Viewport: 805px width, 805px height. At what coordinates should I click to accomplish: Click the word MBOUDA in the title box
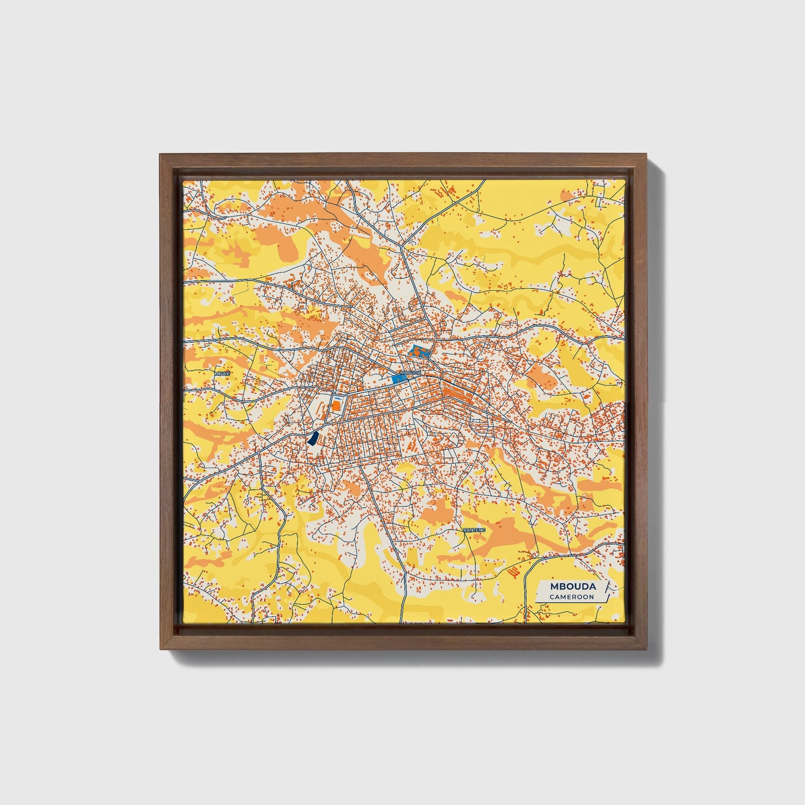[573, 587]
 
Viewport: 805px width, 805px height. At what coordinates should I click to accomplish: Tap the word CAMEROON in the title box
[571, 597]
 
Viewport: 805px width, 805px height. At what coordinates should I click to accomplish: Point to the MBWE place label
[222, 374]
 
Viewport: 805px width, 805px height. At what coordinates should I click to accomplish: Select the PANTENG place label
[474, 530]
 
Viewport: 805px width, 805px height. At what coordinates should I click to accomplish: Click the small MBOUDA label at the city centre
[410, 372]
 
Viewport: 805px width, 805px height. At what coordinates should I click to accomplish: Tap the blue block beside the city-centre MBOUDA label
[398, 379]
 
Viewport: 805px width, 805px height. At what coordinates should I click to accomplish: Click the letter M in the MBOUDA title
[554, 587]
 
